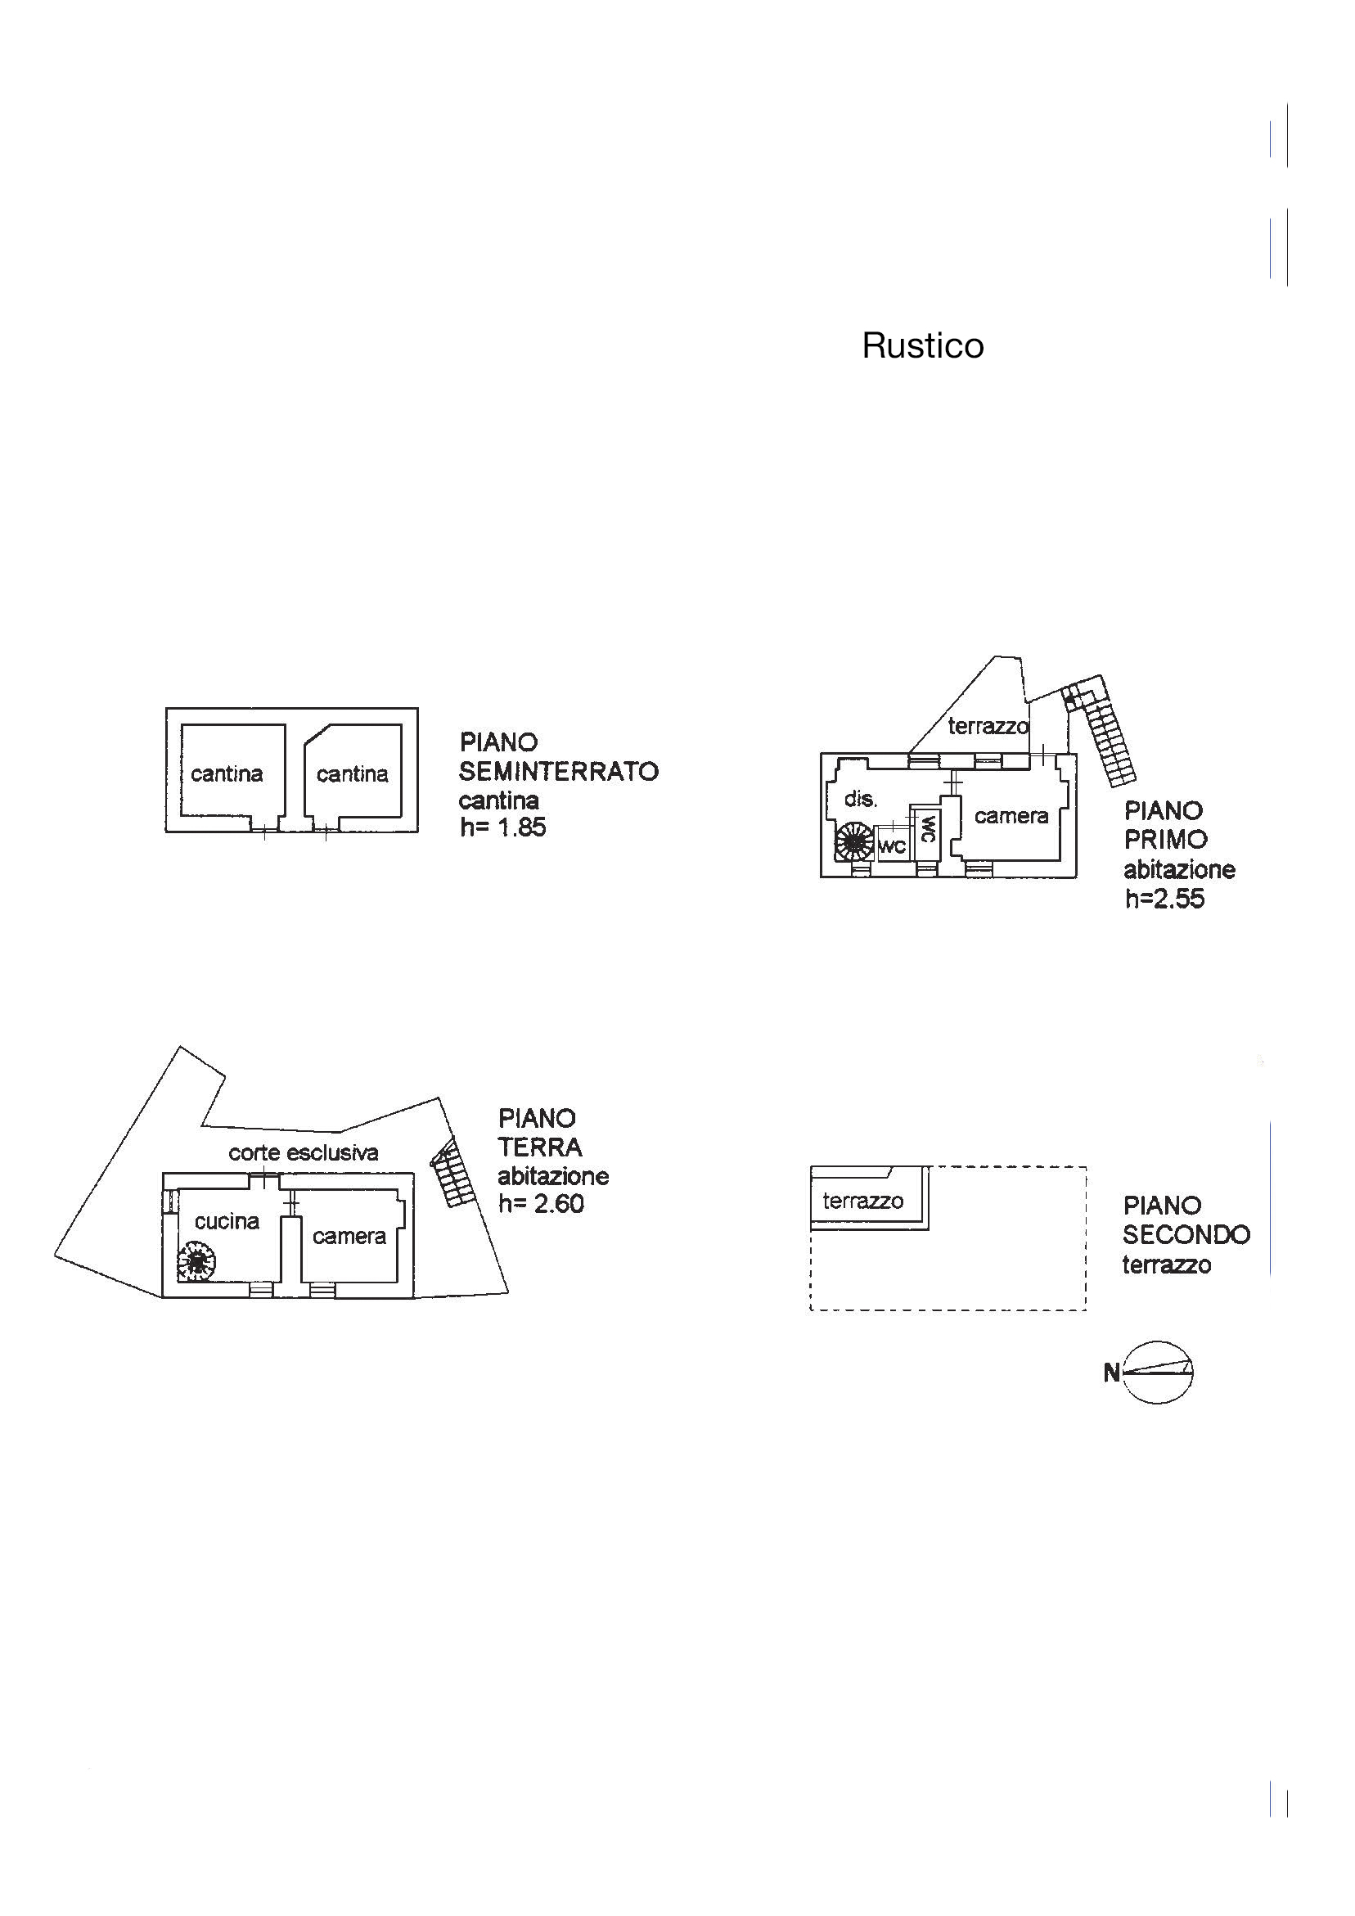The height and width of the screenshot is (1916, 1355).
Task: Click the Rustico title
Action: click(922, 345)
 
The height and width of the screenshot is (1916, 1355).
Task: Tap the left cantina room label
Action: click(226, 774)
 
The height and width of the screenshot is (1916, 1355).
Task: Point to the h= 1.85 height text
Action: click(502, 827)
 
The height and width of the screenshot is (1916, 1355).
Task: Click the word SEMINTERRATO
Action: click(558, 771)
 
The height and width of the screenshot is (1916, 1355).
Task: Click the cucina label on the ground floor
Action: click(227, 1222)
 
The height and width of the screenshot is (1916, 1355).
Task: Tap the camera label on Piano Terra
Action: click(349, 1236)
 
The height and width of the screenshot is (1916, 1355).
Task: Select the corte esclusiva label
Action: click(303, 1153)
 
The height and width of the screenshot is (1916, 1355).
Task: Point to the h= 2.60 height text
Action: click(541, 1203)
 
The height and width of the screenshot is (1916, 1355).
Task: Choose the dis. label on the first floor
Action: click(860, 799)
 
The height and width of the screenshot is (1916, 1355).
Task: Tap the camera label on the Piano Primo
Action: click(1011, 815)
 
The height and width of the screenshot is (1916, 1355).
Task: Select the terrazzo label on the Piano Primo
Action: click(988, 726)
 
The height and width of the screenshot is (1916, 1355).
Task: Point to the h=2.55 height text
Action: click(1164, 899)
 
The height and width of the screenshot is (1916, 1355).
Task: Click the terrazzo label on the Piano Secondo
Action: click(862, 1201)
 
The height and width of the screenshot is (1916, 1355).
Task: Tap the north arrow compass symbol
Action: click(1156, 1372)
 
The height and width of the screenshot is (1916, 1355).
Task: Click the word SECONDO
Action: click(1186, 1234)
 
